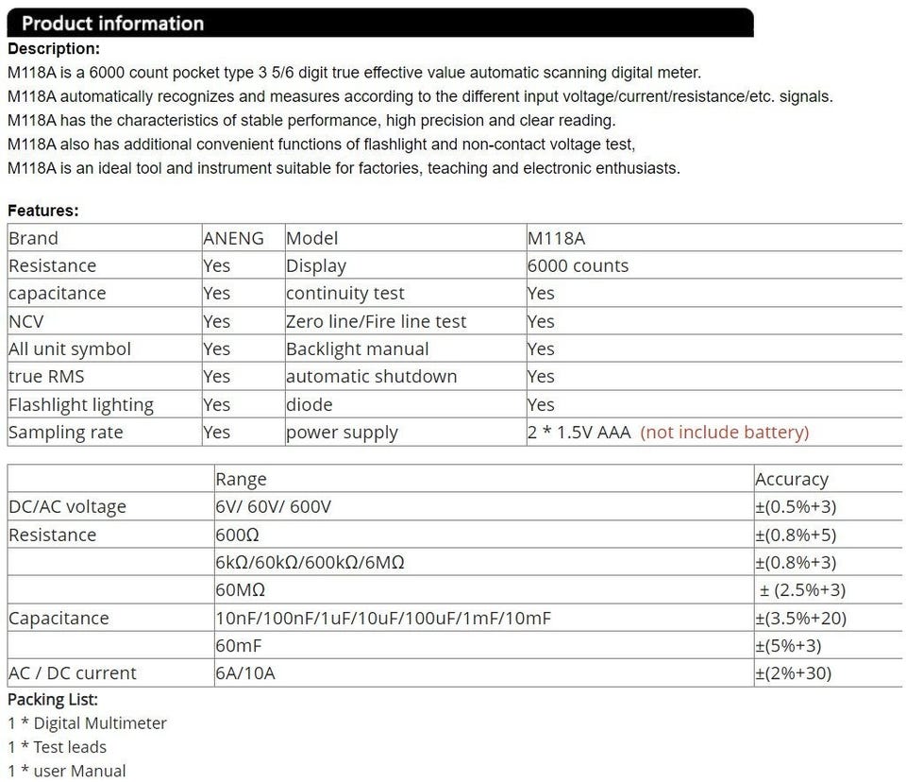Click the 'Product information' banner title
coord(112,24)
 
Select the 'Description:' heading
coord(53,49)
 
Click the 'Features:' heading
coord(43,211)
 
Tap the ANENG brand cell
coord(233,238)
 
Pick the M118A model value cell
coord(556,238)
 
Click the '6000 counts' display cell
coord(578,265)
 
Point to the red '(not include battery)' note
coord(724,433)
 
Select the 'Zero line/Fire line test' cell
coord(376,321)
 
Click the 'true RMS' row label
coord(46,376)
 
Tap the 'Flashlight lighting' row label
coord(80,404)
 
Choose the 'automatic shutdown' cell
coord(371,376)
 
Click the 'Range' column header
coord(241,479)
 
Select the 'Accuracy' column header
coord(791,479)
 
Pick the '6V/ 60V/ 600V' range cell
coord(274,507)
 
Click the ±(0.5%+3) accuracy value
coord(796,507)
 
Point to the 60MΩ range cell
coord(240,590)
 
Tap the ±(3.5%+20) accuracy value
coord(800,619)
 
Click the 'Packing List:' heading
coord(53,700)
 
